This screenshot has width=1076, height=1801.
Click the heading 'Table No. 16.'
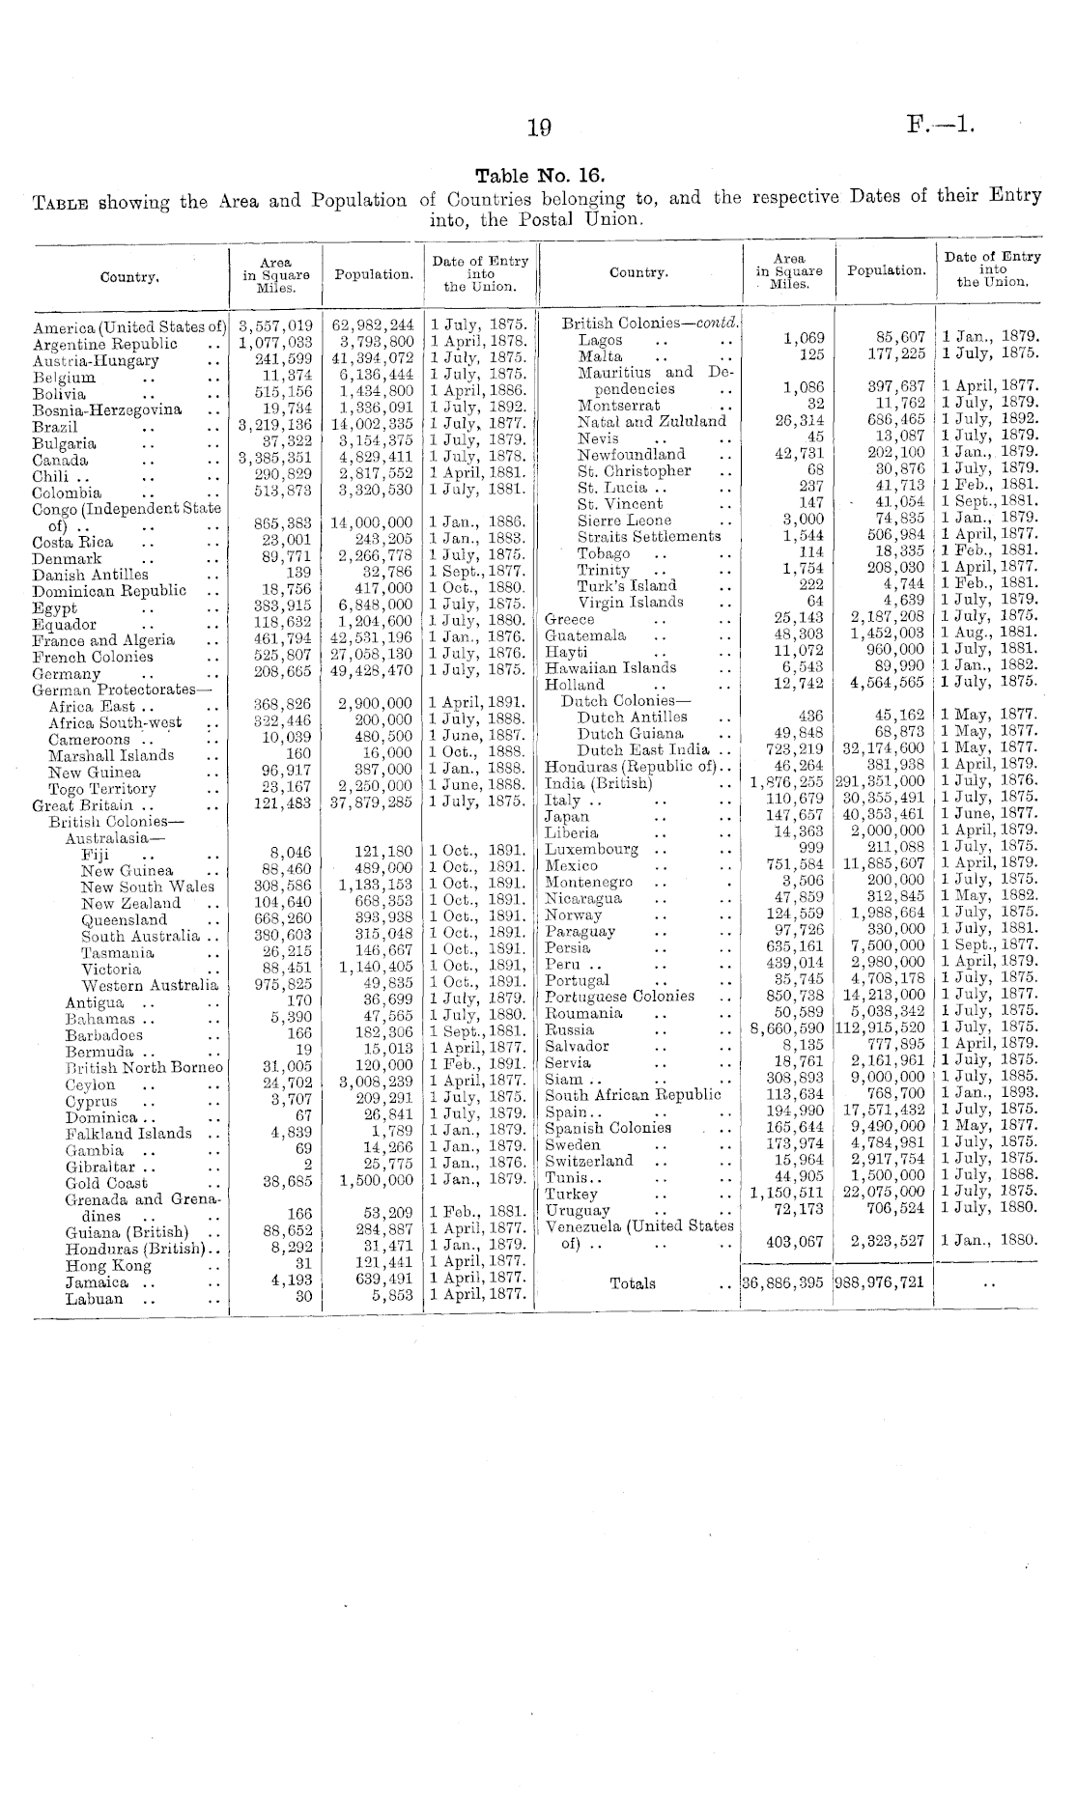point(539,176)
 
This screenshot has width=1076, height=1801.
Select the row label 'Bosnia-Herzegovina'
point(106,409)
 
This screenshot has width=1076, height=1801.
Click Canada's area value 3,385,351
point(275,460)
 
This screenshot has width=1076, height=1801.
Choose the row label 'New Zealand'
point(130,903)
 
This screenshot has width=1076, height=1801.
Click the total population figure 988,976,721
point(885,1283)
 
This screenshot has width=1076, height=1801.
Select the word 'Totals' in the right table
point(633,1283)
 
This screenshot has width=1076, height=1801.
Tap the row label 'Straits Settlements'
point(648,536)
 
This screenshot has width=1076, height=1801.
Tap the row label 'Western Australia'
point(150,986)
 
